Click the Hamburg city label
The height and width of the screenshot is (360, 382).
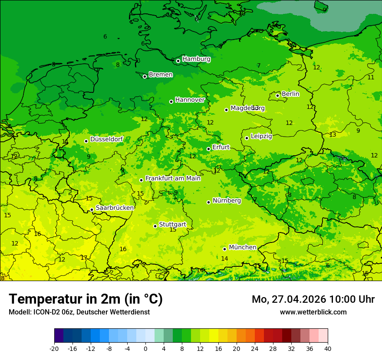coord(196,59)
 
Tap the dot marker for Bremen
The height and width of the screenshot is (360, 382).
coord(145,76)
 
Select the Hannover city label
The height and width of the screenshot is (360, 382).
coord(190,100)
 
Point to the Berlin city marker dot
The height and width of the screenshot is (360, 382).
coord(278,95)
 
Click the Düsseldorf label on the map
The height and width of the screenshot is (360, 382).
coord(106,139)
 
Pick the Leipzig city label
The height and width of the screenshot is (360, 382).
coord(261,136)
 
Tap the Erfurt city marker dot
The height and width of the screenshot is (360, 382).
coord(208,149)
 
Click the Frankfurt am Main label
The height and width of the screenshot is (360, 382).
coord(173,178)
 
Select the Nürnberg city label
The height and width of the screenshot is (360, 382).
coord(227,200)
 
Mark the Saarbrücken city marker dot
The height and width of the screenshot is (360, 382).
coord(92,209)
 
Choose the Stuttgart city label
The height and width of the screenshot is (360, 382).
coord(172,224)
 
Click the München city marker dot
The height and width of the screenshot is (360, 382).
coord(224,249)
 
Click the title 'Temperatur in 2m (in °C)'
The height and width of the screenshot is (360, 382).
coord(86,299)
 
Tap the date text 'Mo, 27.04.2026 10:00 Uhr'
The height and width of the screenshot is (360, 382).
coord(313,299)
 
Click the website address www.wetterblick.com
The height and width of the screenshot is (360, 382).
coord(313,312)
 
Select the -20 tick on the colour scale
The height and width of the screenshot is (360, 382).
coord(54,348)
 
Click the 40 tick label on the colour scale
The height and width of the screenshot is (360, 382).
coord(327,348)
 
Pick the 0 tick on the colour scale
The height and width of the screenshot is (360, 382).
coord(145,348)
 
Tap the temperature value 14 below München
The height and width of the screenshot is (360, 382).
coord(224,259)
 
